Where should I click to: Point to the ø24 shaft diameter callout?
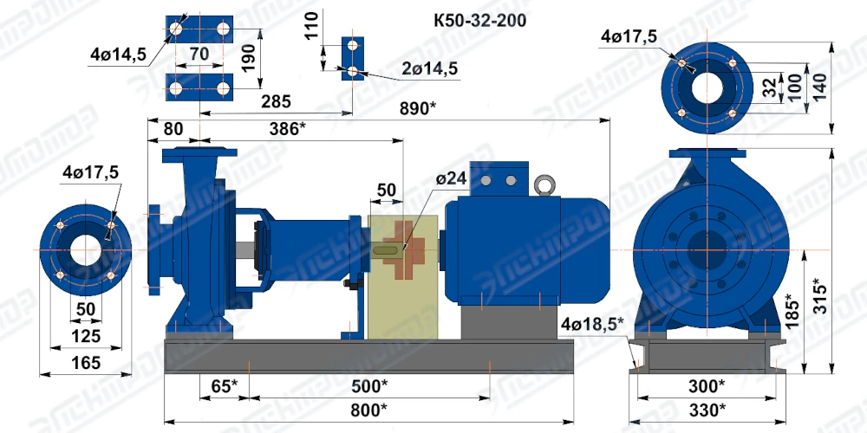point(451,178)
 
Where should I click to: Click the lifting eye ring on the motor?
point(544,185)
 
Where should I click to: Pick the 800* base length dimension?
point(368,410)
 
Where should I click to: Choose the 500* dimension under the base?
point(369,385)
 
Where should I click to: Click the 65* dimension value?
point(225,385)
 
